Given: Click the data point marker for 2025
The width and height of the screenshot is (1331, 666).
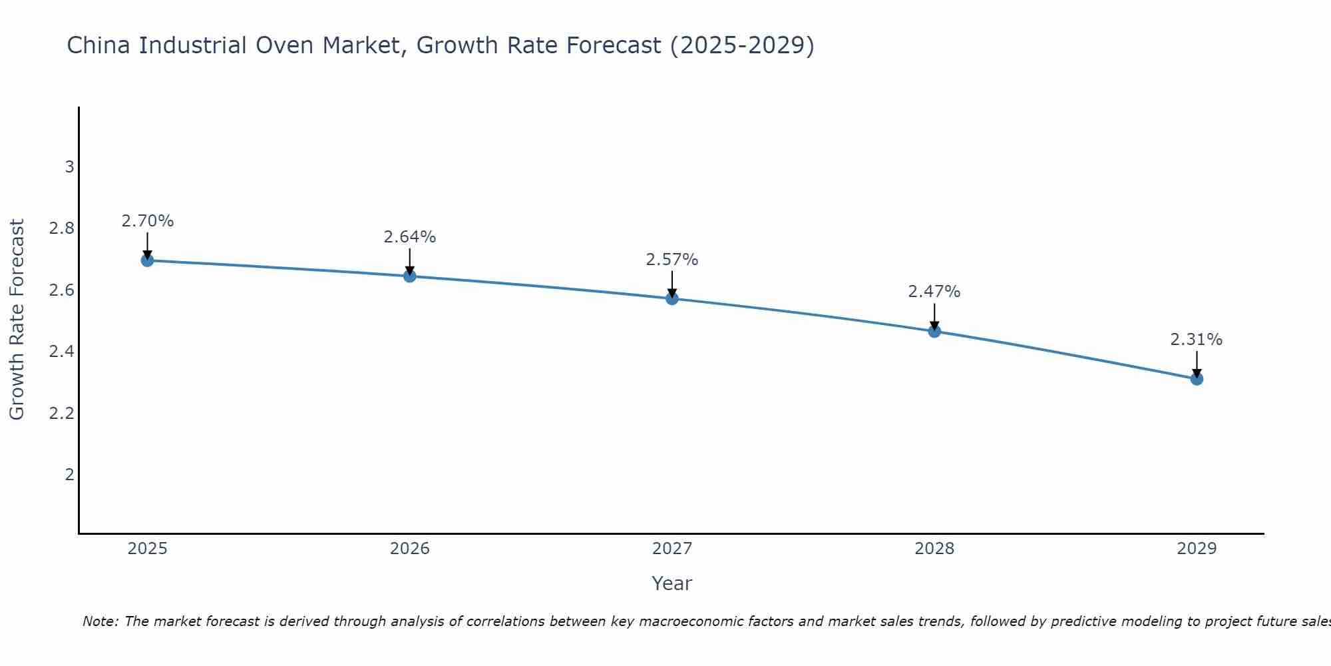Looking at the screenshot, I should (148, 260).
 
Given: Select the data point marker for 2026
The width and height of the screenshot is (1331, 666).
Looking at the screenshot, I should (410, 276).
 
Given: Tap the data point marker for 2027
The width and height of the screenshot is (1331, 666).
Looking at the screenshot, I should (672, 298).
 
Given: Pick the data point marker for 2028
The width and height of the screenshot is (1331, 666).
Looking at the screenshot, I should (934, 331).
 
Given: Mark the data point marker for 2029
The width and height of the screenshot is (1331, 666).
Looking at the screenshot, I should (1197, 379).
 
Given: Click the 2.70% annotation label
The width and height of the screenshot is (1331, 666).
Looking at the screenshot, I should (148, 221).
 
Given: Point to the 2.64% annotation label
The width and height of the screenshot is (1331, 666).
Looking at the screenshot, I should (410, 237).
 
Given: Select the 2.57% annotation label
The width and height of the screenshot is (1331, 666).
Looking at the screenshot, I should (672, 260).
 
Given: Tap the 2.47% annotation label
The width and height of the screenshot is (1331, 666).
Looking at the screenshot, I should (934, 292).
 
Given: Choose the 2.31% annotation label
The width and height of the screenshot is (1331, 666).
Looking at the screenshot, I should (1197, 340).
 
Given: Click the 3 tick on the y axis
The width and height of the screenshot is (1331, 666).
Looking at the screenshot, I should (69, 166).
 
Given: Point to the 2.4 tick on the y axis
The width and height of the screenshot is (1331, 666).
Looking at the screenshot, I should (61, 352).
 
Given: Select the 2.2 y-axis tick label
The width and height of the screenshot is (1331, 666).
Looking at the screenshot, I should (61, 414).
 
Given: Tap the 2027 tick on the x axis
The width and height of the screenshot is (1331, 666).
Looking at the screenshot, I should (672, 549).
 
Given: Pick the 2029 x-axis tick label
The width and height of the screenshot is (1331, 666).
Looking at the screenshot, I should (1197, 549).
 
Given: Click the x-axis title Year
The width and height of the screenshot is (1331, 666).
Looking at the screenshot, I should (672, 583).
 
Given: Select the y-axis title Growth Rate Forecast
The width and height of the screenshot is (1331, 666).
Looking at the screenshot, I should (17, 320).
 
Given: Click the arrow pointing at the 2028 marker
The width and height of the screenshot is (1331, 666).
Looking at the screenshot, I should (934, 316).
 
